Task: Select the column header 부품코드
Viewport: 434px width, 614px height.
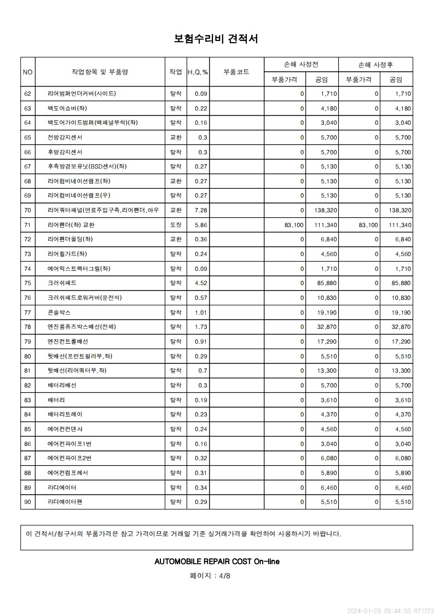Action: pyautogui.click(x=236, y=72)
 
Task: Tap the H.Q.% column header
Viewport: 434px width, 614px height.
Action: pyautogui.click(x=198, y=72)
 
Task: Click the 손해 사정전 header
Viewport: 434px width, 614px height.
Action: pyautogui.click(x=301, y=65)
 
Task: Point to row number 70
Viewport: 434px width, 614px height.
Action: pyautogui.click(x=28, y=210)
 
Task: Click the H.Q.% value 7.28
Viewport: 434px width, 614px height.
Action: pyautogui.click(x=201, y=210)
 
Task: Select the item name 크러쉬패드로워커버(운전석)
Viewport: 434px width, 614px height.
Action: pyautogui.click(x=85, y=298)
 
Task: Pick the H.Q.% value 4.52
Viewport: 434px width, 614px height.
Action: pyautogui.click(x=201, y=283)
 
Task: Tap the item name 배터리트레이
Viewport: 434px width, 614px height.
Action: pyautogui.click(x=65, y=414)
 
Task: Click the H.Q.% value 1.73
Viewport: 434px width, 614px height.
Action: pyautogui.click(x=201, y=327)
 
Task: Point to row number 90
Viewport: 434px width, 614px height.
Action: pyautogui.click(x=28, y=502)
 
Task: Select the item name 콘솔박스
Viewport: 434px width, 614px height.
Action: pyautogui.click(x=60, y=312)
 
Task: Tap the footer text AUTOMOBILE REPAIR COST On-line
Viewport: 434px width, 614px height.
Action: pyautogui.click(x=217, y=561)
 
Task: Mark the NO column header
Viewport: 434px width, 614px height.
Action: pyautogui.click(x=28, y=72)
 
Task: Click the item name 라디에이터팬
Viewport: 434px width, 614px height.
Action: pyautogui.click(x=65, y=502)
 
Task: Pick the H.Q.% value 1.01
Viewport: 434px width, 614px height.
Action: pyautogui.click(x=201, y=312)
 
